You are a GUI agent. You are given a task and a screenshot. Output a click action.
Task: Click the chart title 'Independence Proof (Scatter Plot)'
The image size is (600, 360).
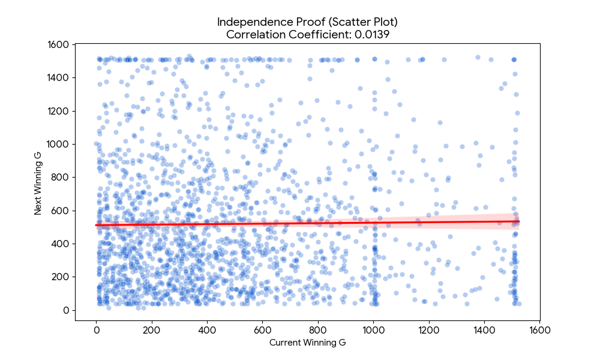pos(307,22)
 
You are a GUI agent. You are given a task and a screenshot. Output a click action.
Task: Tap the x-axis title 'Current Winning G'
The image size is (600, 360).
pos(307,343)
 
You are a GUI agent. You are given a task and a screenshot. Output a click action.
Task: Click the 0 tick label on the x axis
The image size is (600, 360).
pos(96,330)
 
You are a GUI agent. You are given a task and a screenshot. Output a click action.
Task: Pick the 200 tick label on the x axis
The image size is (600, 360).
pos(151,330)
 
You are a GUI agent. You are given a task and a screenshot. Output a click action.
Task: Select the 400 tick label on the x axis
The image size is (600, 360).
pos(207,330)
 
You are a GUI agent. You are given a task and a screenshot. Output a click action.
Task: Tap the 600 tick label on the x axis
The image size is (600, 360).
pos(262,330)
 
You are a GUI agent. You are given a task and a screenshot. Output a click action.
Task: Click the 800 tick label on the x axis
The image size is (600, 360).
pos(318,330)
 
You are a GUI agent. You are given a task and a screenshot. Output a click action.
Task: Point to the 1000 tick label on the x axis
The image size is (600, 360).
pos(373,330)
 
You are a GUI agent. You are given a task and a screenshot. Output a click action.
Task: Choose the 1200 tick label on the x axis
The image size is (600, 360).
pos(428,330)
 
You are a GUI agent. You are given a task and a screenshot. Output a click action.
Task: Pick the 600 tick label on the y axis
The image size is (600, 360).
pos(60,211)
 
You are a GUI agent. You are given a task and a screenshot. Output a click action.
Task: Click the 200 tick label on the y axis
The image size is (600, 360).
pos(60,277)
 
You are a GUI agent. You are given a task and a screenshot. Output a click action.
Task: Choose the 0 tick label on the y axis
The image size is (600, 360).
pos(65,310)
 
